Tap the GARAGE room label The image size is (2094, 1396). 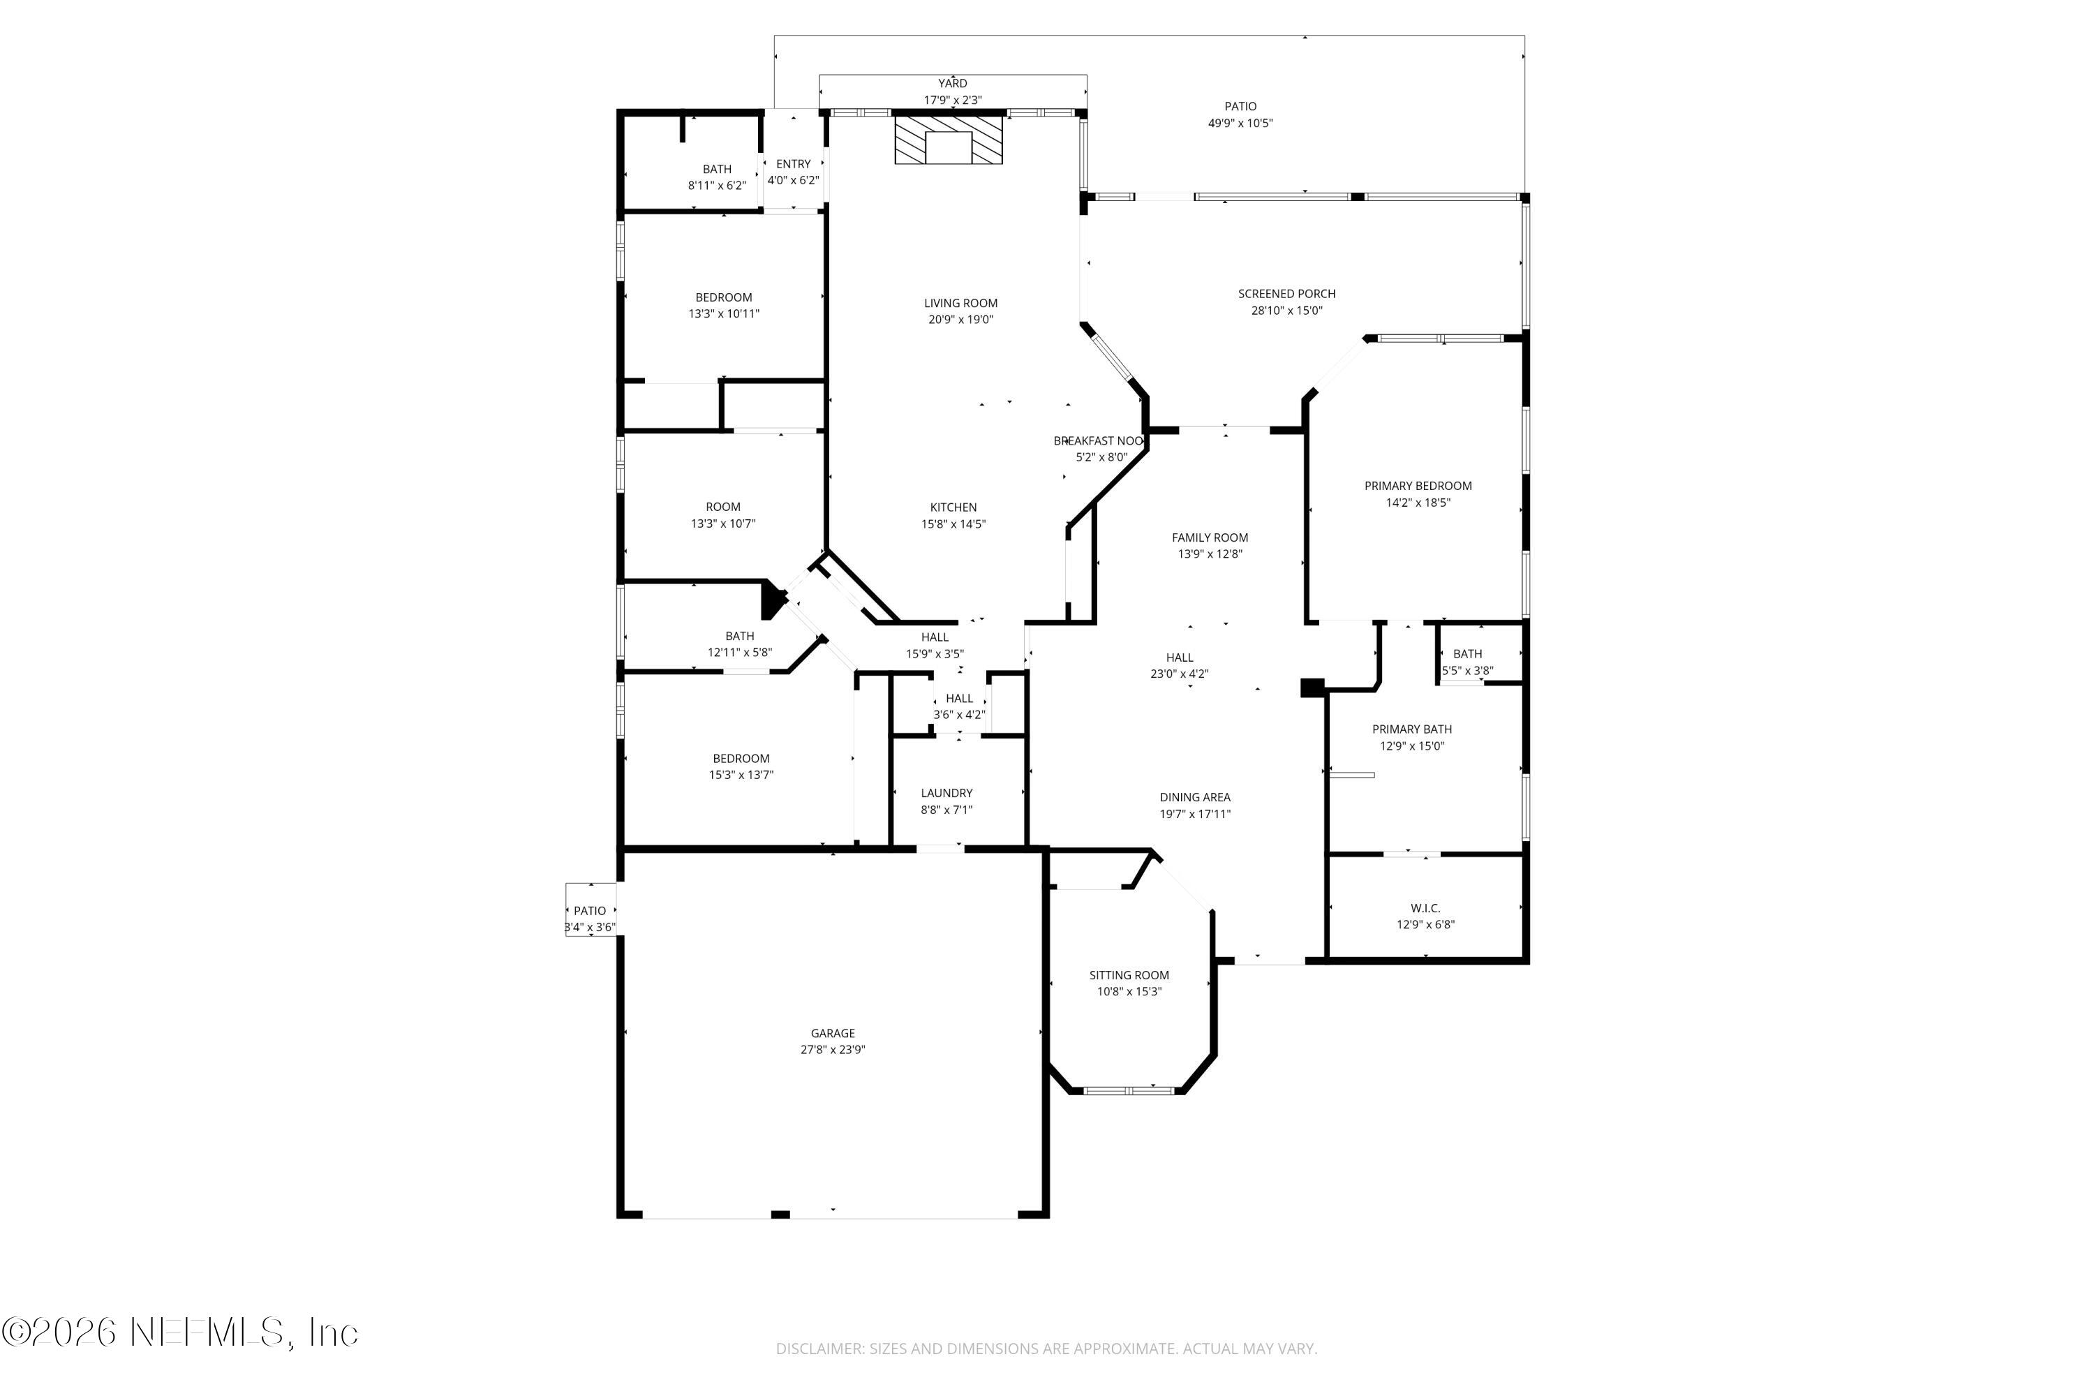[833, 1034]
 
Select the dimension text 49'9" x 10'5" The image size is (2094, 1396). [1240, 124]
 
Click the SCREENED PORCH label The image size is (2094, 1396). [1286, 294]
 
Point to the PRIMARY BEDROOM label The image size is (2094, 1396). [1418, 486]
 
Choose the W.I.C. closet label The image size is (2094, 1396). [1425, 908]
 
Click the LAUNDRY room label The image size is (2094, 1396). [946, 793]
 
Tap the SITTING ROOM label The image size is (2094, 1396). [1129, 975]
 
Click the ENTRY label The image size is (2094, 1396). [793, 164]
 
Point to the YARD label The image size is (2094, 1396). [952, 84]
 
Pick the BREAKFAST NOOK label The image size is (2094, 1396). [1098, 440]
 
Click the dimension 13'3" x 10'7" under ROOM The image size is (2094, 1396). [723, 523]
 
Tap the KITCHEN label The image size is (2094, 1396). [953, 507]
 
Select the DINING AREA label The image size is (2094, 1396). [1195, 798]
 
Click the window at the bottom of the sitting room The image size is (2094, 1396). [1128, 1090]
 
